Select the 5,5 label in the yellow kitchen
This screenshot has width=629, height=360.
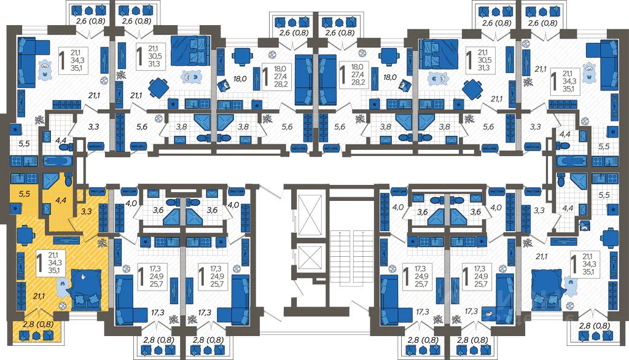click(25, 194)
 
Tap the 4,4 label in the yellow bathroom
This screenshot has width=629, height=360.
click(61, 200)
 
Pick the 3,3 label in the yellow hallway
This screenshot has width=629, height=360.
click(87, 212)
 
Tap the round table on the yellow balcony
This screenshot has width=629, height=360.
click(36, 335)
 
